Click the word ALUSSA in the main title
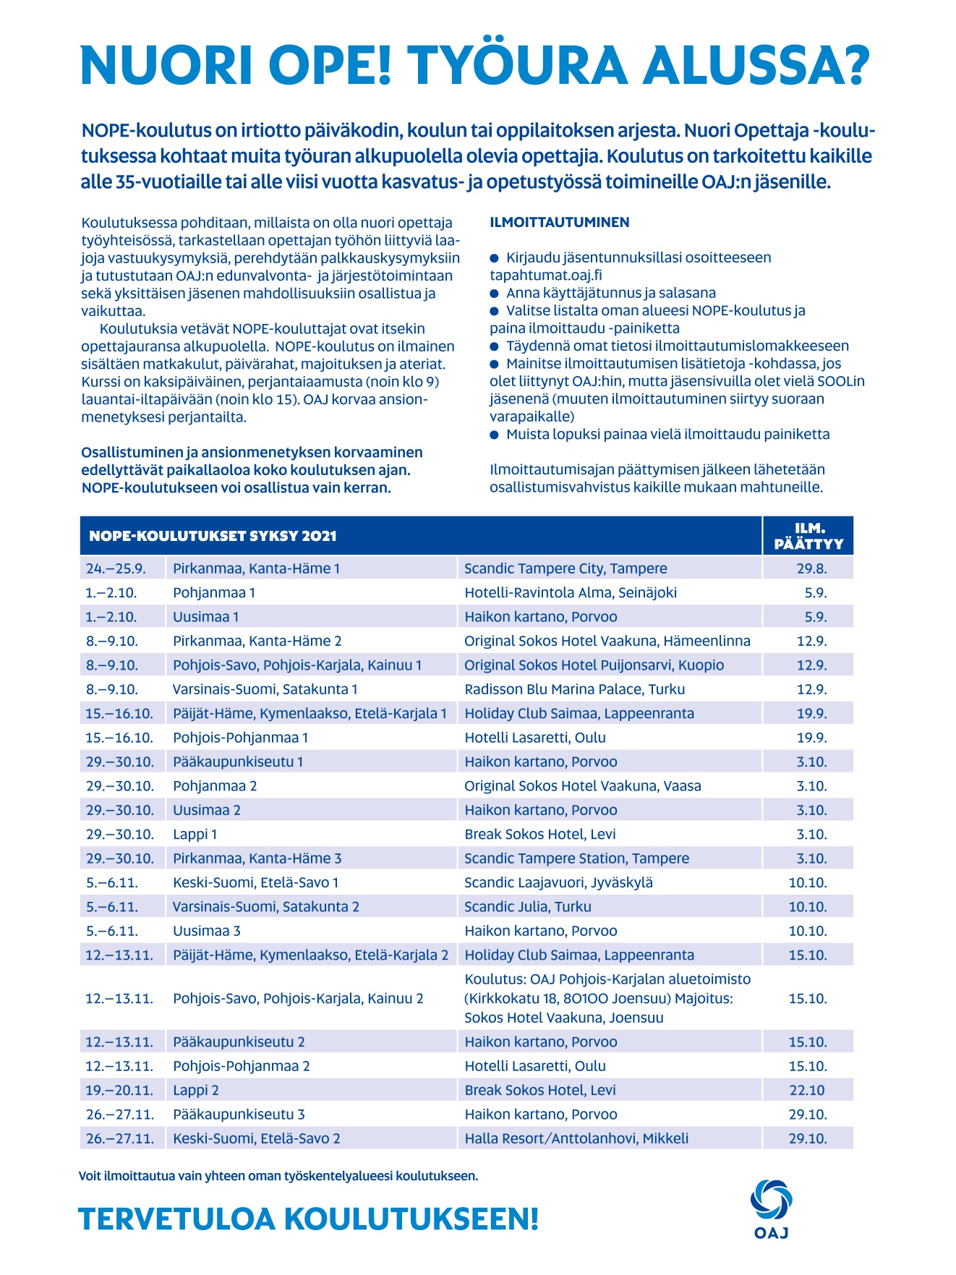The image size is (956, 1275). coord(756,65)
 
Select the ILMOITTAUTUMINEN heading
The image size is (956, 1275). coord(559,223)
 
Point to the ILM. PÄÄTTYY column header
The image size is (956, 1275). coord(808,536)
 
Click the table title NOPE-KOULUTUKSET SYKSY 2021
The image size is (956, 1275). coord(213,536)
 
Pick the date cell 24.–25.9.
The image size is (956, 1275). coord(116,568)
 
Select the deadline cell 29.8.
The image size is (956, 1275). coord(811,568)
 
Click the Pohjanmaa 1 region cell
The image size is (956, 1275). coord(214,592)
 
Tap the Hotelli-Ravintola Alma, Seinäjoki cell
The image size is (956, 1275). coord(571,592)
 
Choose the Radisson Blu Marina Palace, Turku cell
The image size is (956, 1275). coord(574,689)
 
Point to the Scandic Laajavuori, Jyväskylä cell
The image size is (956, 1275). coord(558,882)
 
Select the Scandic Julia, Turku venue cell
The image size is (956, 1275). coord(528,906)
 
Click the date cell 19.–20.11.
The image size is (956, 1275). coord(119,1090)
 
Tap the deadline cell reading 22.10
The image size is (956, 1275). coord(808,1090)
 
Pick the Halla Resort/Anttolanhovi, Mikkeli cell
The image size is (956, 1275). coord(576,1138)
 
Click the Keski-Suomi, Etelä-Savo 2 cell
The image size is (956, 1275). coord(256,1138)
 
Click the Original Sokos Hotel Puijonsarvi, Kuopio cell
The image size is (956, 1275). coord(594,665)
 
